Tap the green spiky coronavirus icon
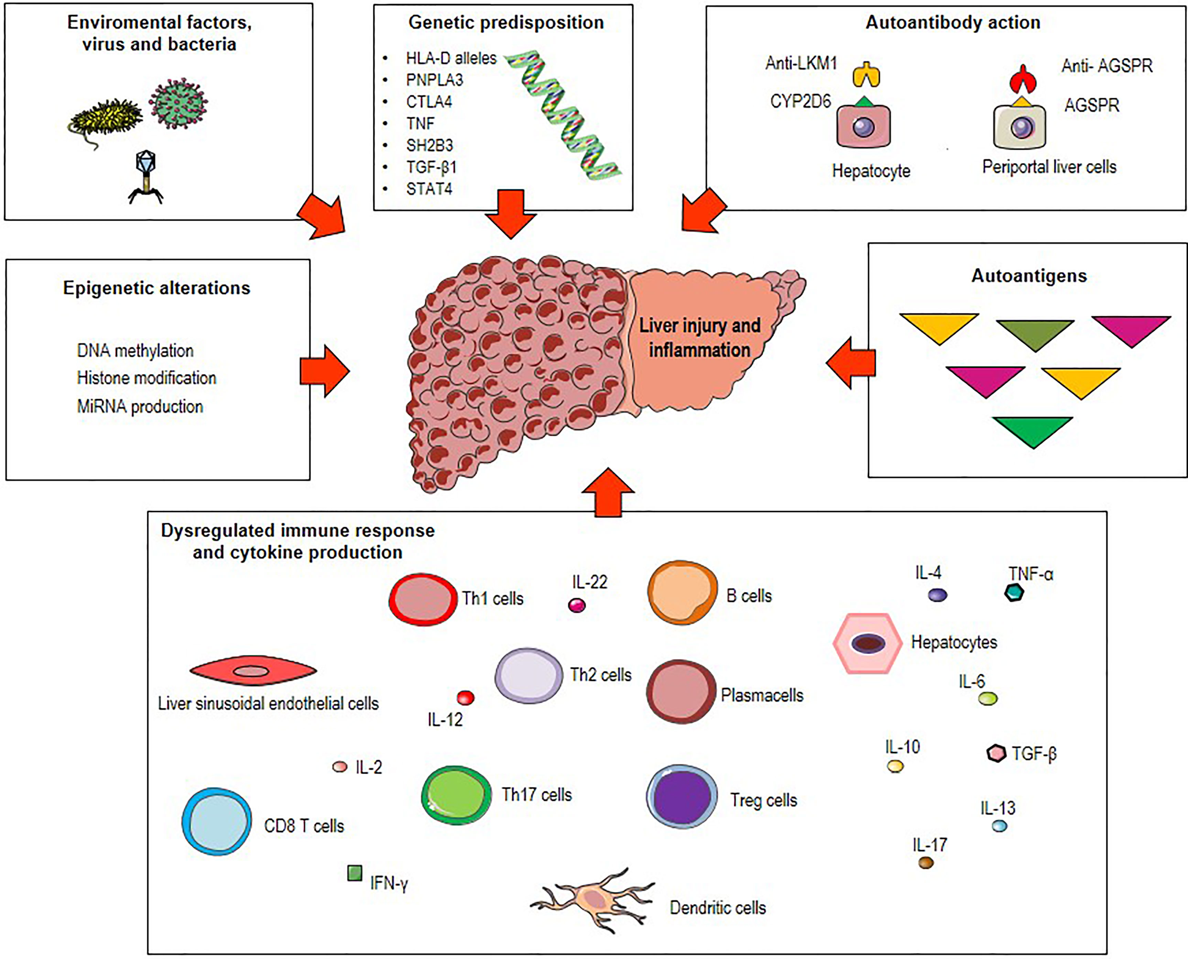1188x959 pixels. tap(178, 103)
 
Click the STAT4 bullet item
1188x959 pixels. tap(429, 189)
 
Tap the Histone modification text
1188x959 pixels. tap(146, 378)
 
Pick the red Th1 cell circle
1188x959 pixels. tap(423, 599)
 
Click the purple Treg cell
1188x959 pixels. tap(682, 797)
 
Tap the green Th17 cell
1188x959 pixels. tap(456, 795)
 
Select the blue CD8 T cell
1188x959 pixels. tap(217, 821)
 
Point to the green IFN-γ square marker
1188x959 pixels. tap(355, 873)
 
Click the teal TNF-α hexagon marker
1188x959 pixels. tap(1013, 593)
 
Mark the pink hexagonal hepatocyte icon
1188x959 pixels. tap(867, 643)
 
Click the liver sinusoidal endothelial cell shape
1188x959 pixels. tap(253, 671)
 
